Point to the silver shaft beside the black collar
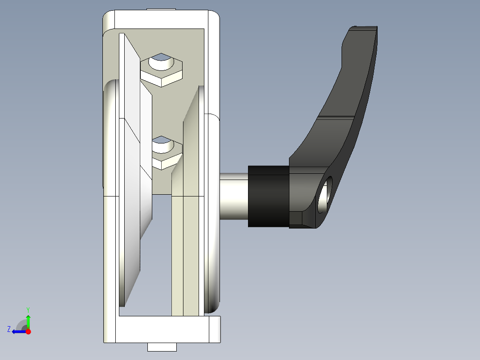(234, 196)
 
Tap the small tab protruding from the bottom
(162, 347)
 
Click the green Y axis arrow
(28, 321)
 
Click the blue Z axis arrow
(18, 331)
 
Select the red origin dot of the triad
(28, 331)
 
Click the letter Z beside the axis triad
(9, 329)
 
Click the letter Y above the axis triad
(28, 309)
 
